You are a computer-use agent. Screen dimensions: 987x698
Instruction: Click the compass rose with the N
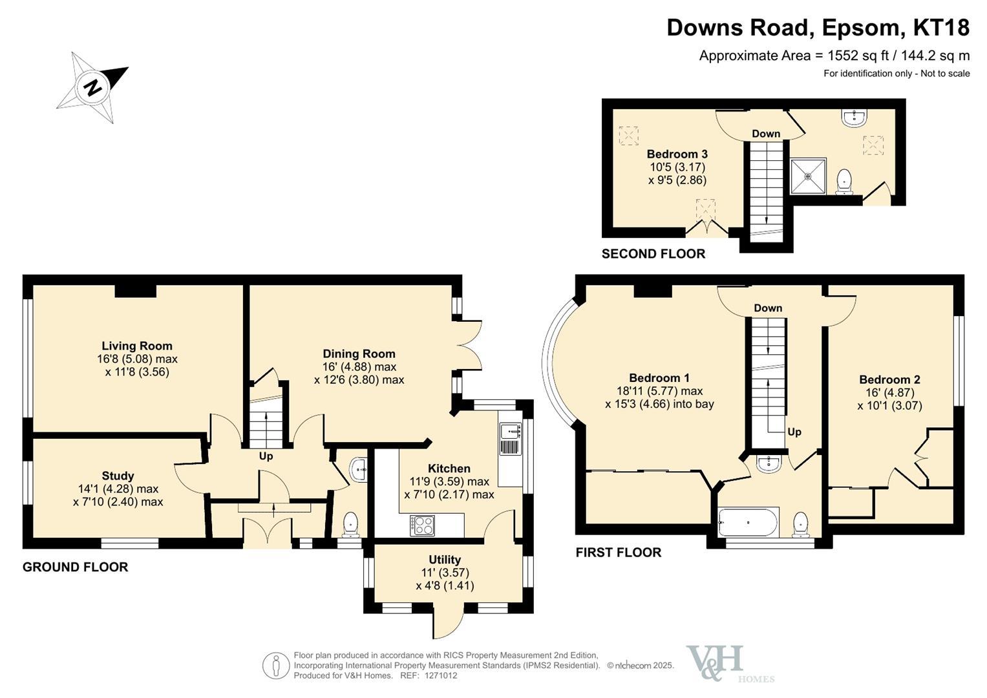pyautogui.click(x=92, y=87)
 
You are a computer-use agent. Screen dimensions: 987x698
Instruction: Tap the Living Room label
pyautogui.click(x=137, y=346)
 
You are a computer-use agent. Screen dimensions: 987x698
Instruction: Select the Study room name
pyautogui.click(x=118, y=476)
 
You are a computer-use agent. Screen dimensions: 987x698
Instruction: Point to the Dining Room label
pyautogui.click(x=359, y=354)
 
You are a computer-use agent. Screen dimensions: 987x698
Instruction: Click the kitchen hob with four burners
pyautogui.click(x=422, y=525)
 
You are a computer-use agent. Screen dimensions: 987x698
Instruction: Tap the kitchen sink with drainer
pyautogui.click(x=511, y=438)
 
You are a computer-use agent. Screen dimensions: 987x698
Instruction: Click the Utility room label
pyautogui.click(x=445, y=560)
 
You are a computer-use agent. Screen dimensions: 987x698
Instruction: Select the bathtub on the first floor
pyautogui.click(x=748, y=523)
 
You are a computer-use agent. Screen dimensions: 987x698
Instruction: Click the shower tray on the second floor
pyautogui.click(x=808, y=176)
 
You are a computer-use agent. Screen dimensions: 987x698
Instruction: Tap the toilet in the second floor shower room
pyautogui.click(x=844, y=182)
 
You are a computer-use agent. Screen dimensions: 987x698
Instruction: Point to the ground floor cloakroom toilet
pyautogui.click(x=351, y=524)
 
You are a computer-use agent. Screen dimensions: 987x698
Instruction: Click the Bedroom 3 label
pyautogui.click(x=677, y=154)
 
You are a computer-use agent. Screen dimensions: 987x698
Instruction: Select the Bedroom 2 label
pyautogui.click(x=889, y=380)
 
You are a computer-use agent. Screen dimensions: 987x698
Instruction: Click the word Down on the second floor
pyautogui.click(x=766, y=134)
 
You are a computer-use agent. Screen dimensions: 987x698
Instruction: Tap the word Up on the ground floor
pyautogui.click(x=266, y=456)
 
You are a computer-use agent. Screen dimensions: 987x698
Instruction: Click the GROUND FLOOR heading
pyautogui.click(x=76, y=567)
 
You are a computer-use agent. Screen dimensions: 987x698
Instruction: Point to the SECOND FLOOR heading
pyautogui.click(x=653, y=254)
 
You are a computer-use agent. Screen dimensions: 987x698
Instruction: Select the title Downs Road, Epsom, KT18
pyautogui.click(x=818, y=28)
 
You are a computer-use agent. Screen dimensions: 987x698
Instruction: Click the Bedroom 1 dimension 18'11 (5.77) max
pyautogui.click(x=659, y=391)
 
